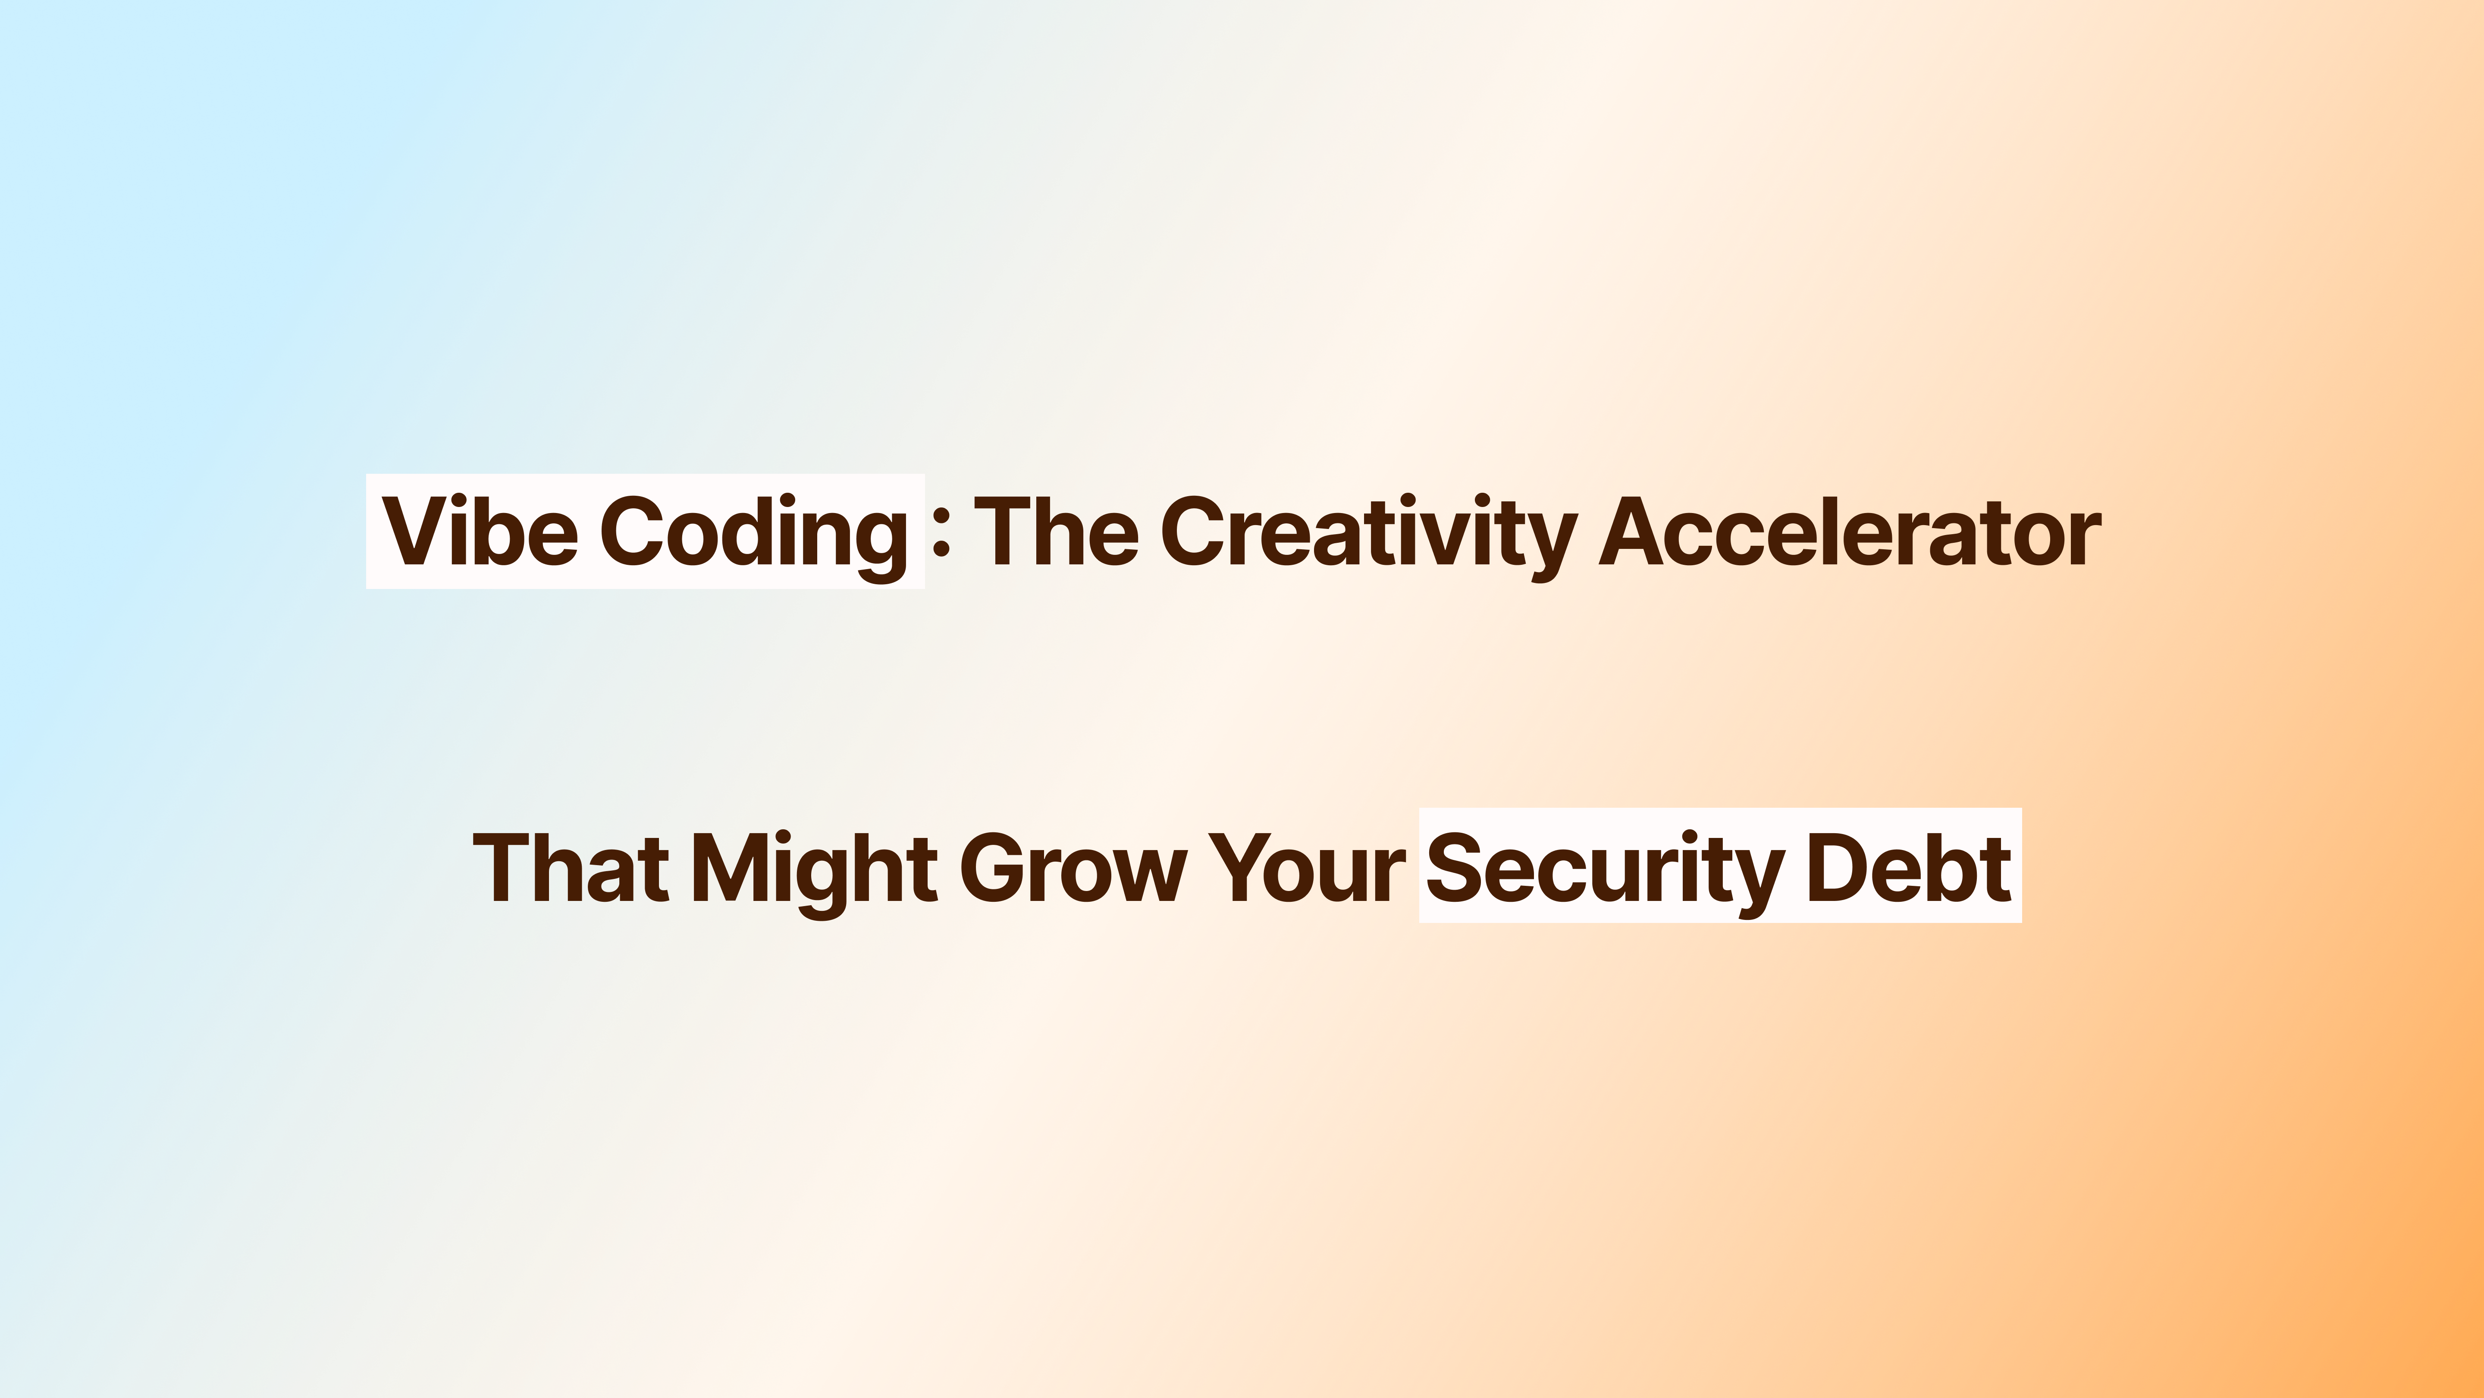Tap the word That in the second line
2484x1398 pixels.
[x=571, y=866]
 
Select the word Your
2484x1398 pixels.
[x=1307, y=866]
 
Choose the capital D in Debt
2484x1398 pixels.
[x=1838, y=866]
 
